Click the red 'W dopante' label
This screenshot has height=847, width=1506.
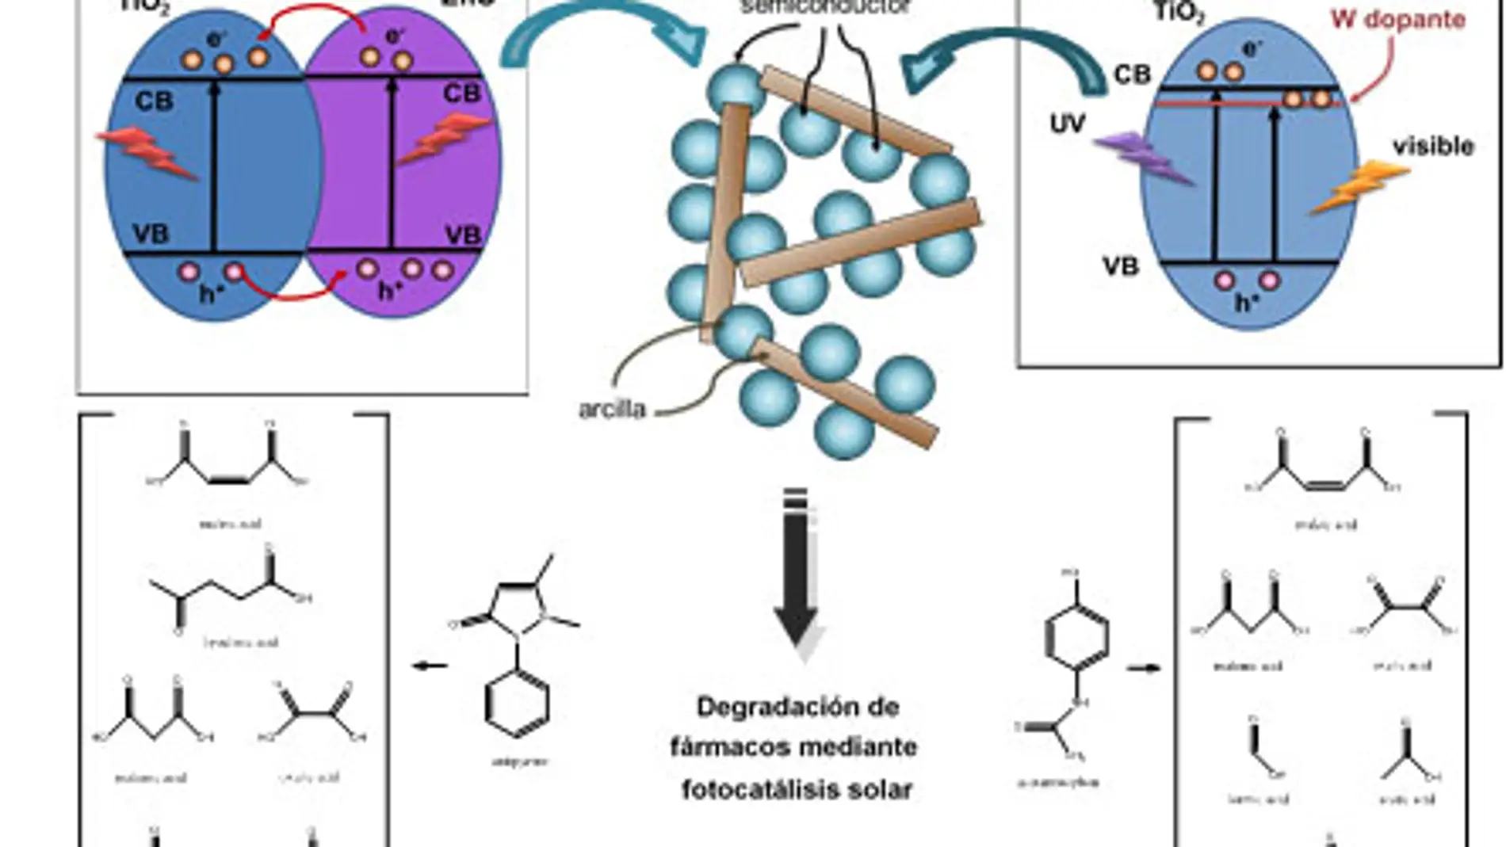coord(1397,19)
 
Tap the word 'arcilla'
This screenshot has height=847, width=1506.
coord(612,410)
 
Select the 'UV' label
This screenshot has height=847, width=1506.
coord(1067,124)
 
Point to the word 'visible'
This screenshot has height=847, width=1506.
coord(1433,147)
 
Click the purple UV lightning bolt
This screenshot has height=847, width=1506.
coord(1142,158)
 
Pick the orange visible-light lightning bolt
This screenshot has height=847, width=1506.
coord(1356,187)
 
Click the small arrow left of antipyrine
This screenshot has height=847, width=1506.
coord(430,666)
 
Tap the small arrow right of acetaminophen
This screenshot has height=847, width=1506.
coord(1143,668)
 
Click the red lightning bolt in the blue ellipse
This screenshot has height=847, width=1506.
coord(148,154)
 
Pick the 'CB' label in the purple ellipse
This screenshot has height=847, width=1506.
coord(461,93)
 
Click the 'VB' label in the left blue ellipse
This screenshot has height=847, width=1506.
coord(151,234)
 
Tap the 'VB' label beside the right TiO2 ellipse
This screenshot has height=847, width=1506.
coord(1120,266)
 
